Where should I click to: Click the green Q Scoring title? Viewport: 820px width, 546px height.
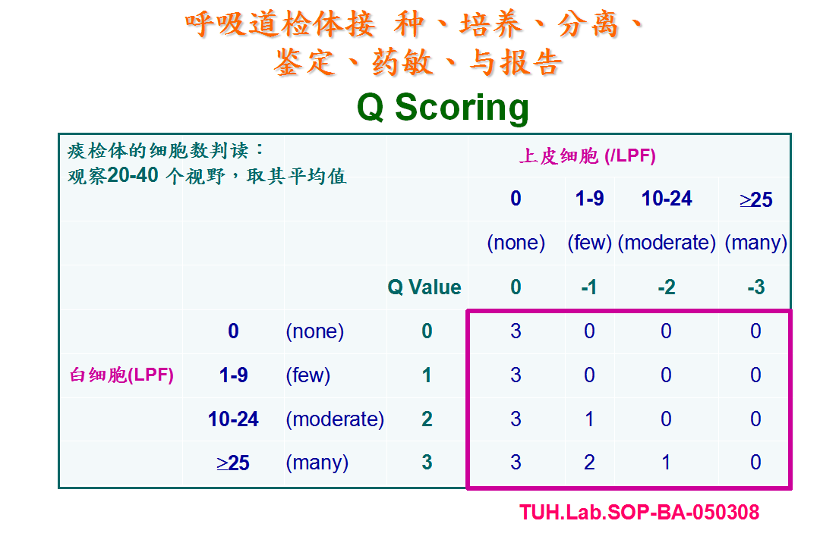click(x=443, y=108)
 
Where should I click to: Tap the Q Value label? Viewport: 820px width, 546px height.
click(x=424, y=287)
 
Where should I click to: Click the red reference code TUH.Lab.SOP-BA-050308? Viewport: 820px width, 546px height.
click(x=639, y=512)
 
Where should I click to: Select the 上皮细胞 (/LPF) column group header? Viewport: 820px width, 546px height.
click(x=587, y=155)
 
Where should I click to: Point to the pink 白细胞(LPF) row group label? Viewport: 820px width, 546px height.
click(x=121, y=375)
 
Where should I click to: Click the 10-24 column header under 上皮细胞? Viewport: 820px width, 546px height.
click(x=667, y=199)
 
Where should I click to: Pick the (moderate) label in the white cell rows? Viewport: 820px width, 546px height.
click(x=335, y=419)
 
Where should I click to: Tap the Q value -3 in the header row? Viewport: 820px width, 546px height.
click(x=755, y=287)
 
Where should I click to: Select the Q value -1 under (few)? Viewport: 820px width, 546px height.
click(x=589, y=287)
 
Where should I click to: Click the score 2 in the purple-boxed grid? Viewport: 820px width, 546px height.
click(x=589, y=463)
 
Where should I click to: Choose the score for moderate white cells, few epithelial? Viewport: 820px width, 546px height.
click(x=589, y=419)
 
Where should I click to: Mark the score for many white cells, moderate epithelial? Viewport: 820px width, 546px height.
click(x=666, y=463)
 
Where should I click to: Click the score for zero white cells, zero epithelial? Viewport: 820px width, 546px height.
click(x=516, y=331)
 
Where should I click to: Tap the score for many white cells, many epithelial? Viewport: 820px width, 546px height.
click(x=755, y=463)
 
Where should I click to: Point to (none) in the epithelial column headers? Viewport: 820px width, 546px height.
click(x=516, y=243)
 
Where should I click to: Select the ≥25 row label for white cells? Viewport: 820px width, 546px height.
click(x=233, y=463)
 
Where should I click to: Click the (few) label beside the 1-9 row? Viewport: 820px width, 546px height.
click(x=308, y=375)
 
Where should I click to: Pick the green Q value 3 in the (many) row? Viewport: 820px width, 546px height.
click(x=427, y=463)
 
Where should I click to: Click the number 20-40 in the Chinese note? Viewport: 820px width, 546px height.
click(x=132, y=175)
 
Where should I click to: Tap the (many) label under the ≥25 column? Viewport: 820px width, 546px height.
click(x=755, y=243)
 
